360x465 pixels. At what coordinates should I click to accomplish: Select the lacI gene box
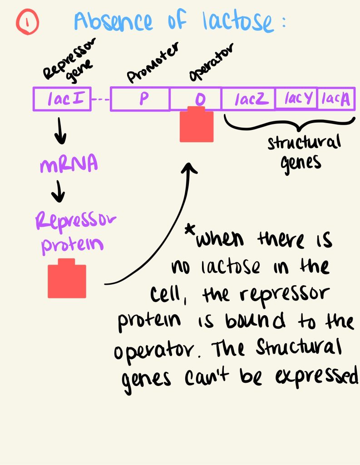click(x=62, y=99)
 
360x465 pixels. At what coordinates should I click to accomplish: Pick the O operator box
click(x=195, y=99)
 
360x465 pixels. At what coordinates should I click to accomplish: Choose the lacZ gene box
click(x=248, y=99)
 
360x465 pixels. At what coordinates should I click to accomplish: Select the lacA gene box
click(x=335, y=99)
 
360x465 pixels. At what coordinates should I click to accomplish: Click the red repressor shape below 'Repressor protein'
click(x=67, y=279)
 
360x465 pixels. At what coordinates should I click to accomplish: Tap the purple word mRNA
click(x=69, y=165)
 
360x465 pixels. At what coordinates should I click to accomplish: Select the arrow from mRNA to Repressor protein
click(x=58, y=193)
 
